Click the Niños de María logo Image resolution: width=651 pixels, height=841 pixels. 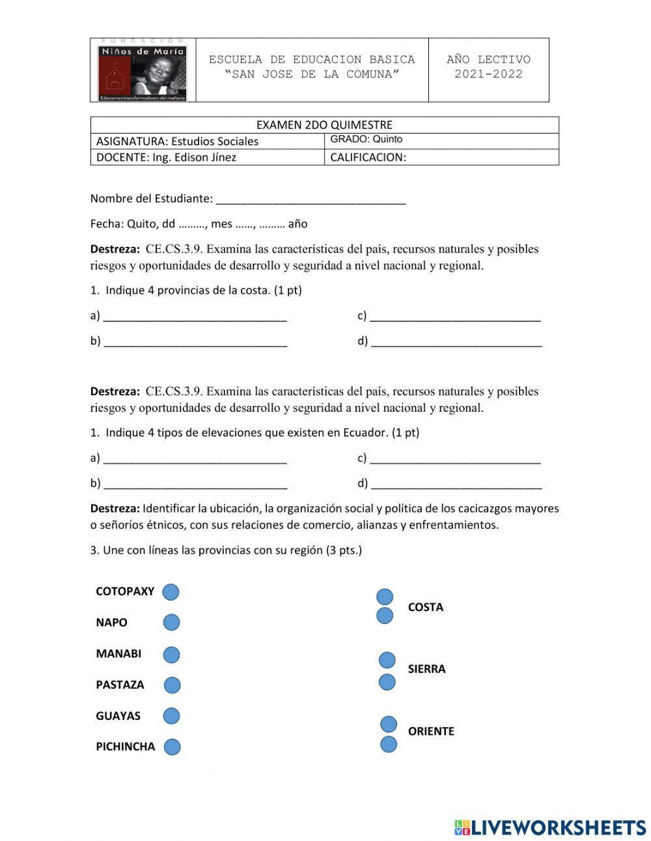coord(143,70)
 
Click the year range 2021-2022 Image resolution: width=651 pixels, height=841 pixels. coord(488,74)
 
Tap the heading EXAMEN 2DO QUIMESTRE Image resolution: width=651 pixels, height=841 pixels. coord(324,125)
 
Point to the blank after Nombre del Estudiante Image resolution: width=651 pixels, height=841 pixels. coord(311,199)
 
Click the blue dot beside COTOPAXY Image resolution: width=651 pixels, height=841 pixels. coord(171,592)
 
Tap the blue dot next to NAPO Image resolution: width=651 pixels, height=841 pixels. coord(171,622)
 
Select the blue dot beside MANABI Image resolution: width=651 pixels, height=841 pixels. coord(171,654)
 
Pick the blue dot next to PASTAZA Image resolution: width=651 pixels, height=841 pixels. coord(172,685)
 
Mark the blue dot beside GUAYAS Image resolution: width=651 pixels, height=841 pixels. coord(171,716)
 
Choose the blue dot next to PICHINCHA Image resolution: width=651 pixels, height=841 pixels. coord(172,747)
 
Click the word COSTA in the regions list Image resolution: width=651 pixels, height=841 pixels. coord(425,607)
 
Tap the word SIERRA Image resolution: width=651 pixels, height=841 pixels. coord(426,669)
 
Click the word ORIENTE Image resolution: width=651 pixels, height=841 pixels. coord(431,732)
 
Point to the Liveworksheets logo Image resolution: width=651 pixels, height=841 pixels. coord(549,827)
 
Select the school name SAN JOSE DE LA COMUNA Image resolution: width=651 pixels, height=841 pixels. coord(312,74)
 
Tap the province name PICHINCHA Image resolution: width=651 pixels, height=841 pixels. coord(125,747)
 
